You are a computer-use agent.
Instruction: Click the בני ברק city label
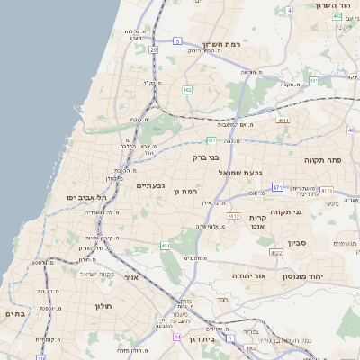(205, 157)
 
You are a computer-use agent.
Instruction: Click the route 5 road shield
(178, 41)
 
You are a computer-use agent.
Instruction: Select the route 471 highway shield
(277, 187)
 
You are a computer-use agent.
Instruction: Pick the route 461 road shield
(165, 245)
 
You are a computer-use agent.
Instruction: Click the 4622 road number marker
(275, 253)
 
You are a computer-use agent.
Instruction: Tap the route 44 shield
(177, 337)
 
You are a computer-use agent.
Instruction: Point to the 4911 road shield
(283, 120)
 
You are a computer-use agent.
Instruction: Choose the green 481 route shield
(211, 140)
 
